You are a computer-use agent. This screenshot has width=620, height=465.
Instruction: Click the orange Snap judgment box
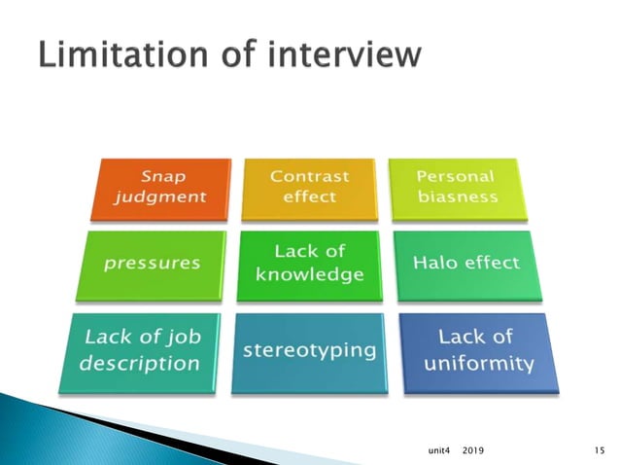161,188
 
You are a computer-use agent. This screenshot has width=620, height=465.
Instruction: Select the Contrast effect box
309,188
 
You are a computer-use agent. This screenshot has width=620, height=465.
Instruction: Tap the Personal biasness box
456,188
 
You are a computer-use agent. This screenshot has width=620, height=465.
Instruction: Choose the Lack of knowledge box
309,263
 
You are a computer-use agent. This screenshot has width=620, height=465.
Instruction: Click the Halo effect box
466,263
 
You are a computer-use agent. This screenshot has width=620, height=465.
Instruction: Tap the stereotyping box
309,350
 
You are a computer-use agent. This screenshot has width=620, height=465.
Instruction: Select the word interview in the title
345,55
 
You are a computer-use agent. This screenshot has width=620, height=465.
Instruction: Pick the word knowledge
309,274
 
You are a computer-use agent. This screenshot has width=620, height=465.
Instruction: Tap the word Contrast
309,176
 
